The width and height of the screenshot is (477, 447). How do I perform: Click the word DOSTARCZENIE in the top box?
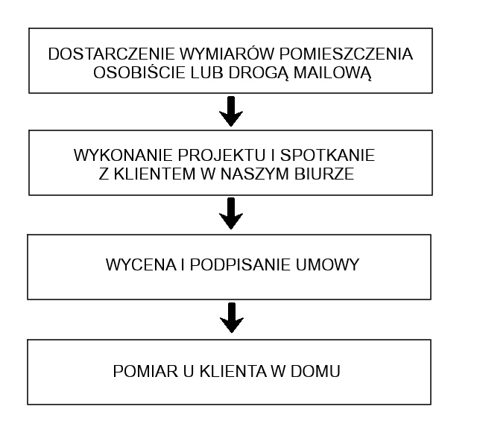pyautogui.click(x=111, y=54)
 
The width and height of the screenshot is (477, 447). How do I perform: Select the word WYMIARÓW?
pyautogui.click(x=227, y=54)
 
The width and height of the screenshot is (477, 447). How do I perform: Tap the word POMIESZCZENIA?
pyautogui.click(x=346, y=54)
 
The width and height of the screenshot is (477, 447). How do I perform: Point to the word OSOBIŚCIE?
pyautogui.click(x=139, y=73)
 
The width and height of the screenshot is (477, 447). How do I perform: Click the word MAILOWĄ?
pyautogui.click(x=332, y=73)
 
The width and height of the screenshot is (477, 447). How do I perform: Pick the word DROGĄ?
pyautogui.click(x=259, y=73)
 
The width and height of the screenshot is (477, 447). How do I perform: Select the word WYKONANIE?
pyautogui.click(x=123, y=155)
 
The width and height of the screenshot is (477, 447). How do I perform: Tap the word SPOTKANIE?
pyautogui.click(x=327, y=155)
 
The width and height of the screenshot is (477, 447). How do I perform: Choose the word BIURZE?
pyautogui.click(x=324, y=174)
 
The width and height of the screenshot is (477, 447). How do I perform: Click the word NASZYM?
pyautogui.click(x=254, y=174)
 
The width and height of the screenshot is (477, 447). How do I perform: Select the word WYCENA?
pyautogui.click(x=141, y=264)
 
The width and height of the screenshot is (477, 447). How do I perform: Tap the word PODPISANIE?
pyautogui.click(x=240, y=264)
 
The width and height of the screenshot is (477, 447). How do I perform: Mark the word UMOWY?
pyautogui.click(x=327, y=264)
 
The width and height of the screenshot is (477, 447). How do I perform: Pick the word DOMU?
pyautogui.click(x=315, y=371)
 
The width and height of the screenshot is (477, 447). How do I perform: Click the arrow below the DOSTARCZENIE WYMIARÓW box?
pyautogui.click(x=231, y=111)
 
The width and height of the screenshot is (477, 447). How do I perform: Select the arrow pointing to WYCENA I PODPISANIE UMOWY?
pyautogui.click(x=231, y=214)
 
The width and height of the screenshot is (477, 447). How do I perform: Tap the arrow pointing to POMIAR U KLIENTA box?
pyautogui.click(x=232, y=318)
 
